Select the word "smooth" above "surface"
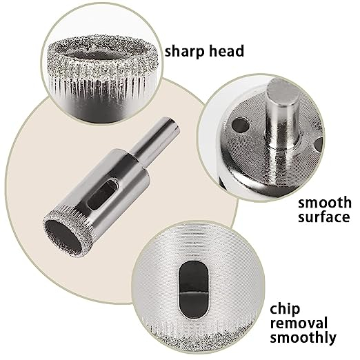[x=325, y=203]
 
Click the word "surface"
[x=324, y=217]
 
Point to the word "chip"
[x=285, y=310]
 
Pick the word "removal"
[x=299, y=323]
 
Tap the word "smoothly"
[x=303, y=338]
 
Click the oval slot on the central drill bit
[x=103, y=194]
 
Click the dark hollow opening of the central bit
[x=63, y=237]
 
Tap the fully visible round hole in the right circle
[x=241, y=126]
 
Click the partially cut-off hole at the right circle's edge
[x=319, y=143]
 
